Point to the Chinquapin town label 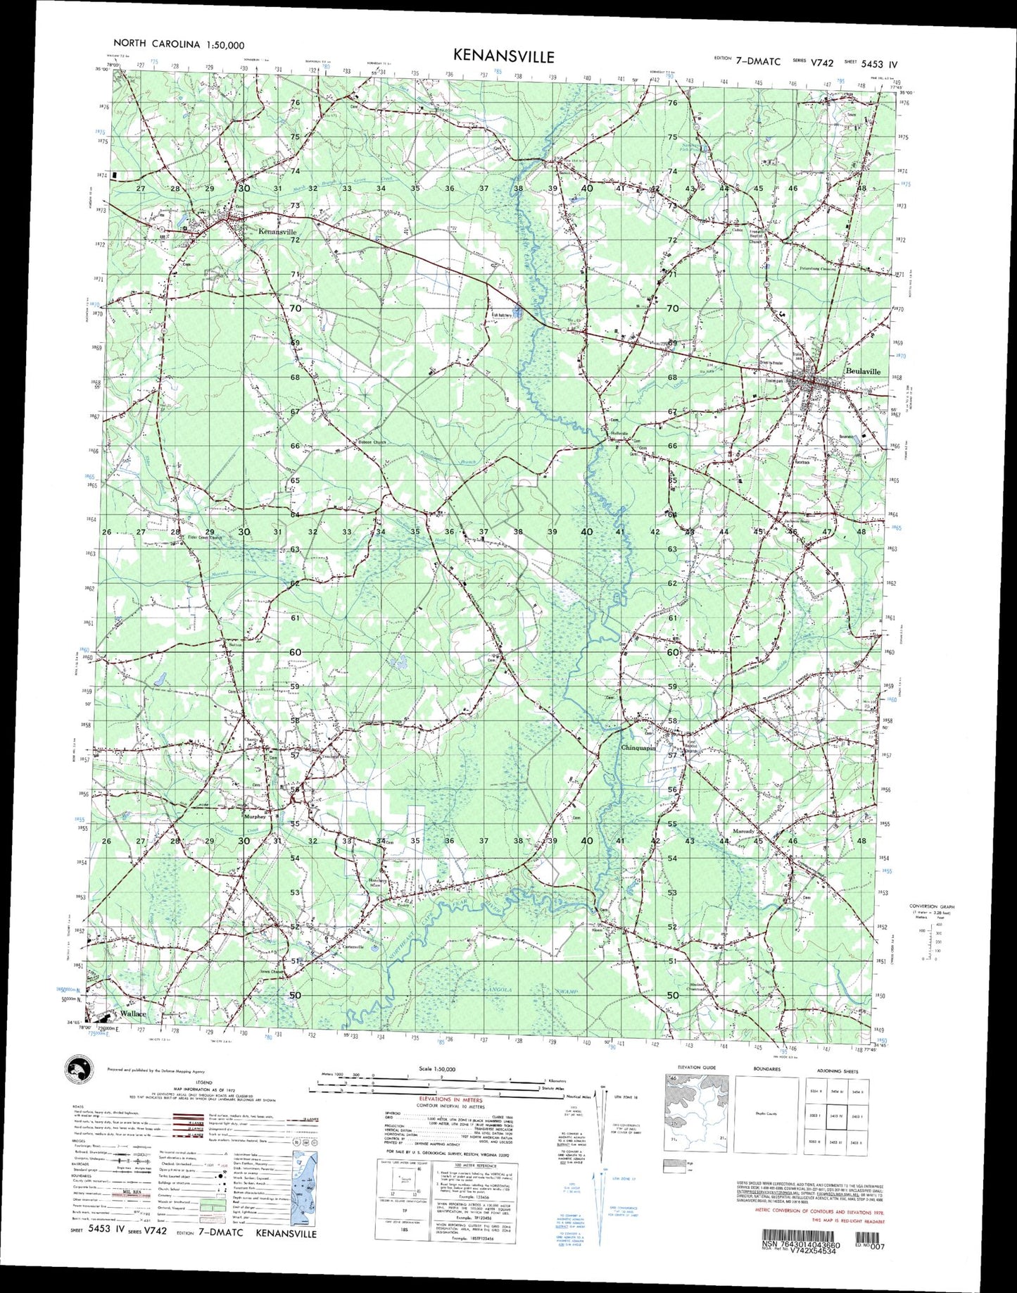[x=638, y=748]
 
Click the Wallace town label [x=133, y=1013]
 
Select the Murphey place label [x=254, y=817]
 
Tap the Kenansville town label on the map [x=277, y=232]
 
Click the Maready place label [x=744, y=831]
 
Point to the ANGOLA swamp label [x=500, y=990]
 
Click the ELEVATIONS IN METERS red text [x=451, y=1099]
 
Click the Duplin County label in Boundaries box [x=766, y=1113]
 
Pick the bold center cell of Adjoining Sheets [x=837, y=1116]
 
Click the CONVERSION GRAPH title [x=931, y=906]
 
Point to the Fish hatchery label [x=501, y=316]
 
